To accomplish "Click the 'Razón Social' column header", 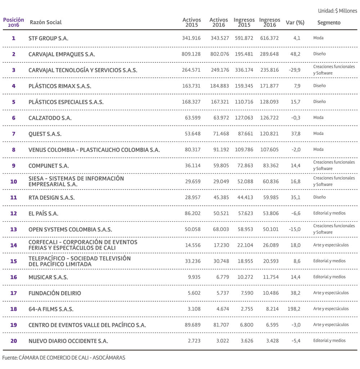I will tap(45, 22).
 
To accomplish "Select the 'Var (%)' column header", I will tap(295, 22).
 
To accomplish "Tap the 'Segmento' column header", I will tap(329, 22).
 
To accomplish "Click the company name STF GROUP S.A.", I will tap(48, 38).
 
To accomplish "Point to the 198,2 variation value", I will tap(294, 309).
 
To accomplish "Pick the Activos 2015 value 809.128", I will tap(191, 54).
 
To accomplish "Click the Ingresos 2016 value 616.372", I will tap(269, 38).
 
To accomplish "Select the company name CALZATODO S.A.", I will tap(50, 118).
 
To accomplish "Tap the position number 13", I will tap(14, 229).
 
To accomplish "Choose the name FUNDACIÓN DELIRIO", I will tap(55, 293).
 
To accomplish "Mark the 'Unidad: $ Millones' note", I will tap(337, 11).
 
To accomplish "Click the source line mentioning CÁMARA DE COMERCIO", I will tap(64, 358).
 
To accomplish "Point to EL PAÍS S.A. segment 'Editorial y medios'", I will tap(329, 213).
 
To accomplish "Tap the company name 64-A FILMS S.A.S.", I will tap(51, 309).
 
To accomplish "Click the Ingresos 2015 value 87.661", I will tap(245, 134).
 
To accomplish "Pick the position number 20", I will tap(14, 341).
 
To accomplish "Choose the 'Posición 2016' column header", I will tap(14, 22).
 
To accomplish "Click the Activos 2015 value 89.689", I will tap(191, 325).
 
